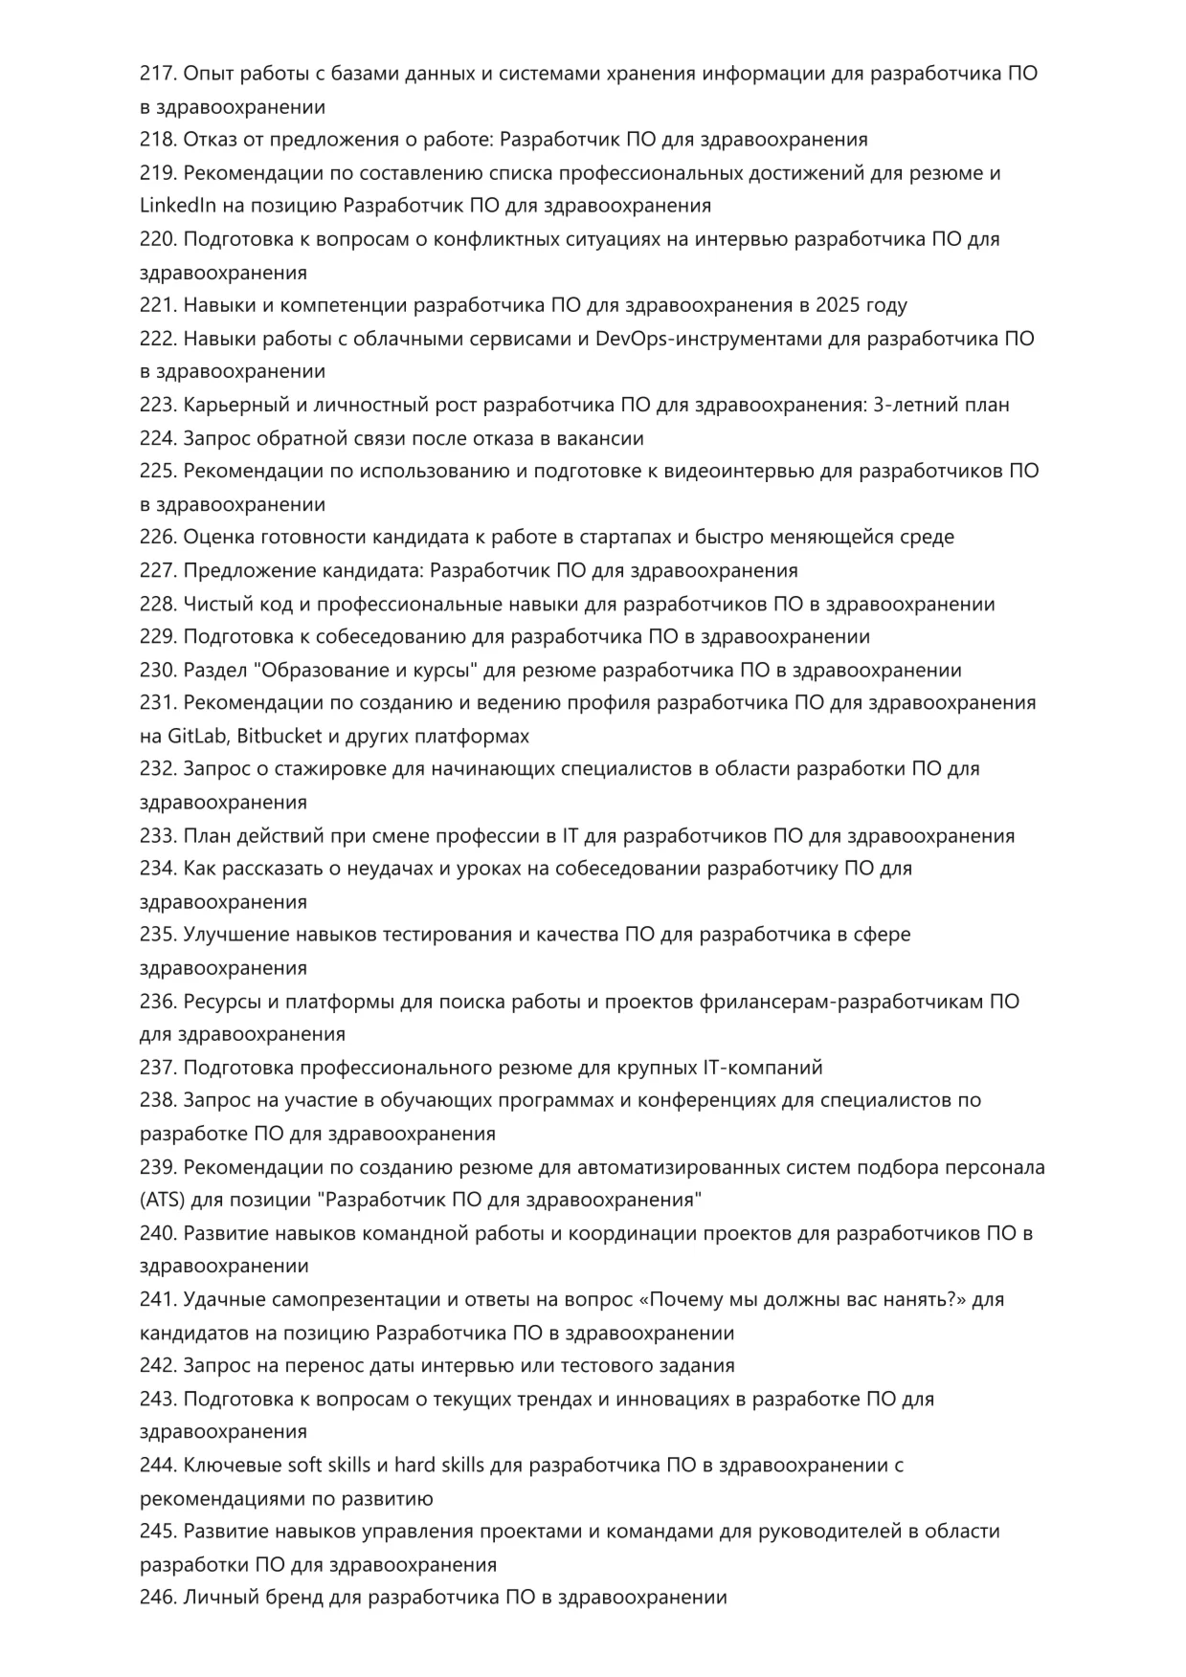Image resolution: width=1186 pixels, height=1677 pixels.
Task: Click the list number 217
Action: (x=156, y=74)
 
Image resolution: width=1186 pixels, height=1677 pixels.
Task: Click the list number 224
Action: (x=156, y=438)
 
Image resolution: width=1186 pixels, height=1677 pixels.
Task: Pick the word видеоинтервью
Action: (x=731, y=471)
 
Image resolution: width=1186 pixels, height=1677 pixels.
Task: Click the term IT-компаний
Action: (x=763, y=1068)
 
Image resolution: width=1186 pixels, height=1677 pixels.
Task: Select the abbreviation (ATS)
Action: (x=162, y=1200)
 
